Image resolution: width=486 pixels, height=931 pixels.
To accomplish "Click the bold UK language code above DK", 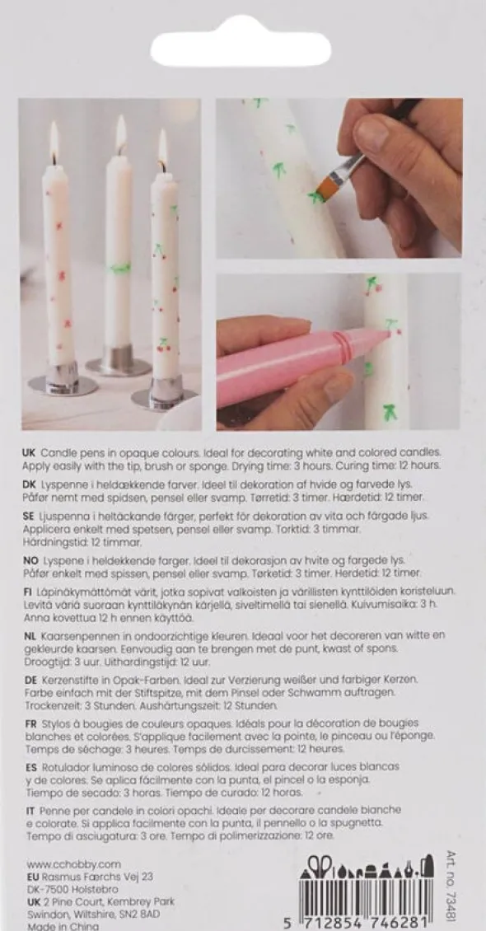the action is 30,453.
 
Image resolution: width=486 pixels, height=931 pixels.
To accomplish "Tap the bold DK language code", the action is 30,484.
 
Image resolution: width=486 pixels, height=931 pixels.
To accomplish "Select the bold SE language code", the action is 30,516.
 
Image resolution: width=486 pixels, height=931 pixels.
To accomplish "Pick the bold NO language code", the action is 30,560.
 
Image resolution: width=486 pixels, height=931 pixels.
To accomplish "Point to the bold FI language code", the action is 27,592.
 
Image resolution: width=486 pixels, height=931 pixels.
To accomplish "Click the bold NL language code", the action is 30,635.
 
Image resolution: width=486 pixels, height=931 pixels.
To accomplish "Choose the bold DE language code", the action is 30,679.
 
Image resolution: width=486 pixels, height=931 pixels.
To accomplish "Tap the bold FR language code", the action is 30,723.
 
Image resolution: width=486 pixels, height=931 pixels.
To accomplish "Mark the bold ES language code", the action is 30,767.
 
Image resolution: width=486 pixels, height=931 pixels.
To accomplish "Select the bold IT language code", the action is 28,811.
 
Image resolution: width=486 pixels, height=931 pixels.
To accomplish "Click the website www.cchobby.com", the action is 73,864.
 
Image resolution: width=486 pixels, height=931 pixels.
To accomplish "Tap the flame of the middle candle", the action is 121,134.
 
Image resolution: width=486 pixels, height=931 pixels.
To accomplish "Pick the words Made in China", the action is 54,926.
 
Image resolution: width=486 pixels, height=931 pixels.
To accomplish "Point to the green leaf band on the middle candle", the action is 120,269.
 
